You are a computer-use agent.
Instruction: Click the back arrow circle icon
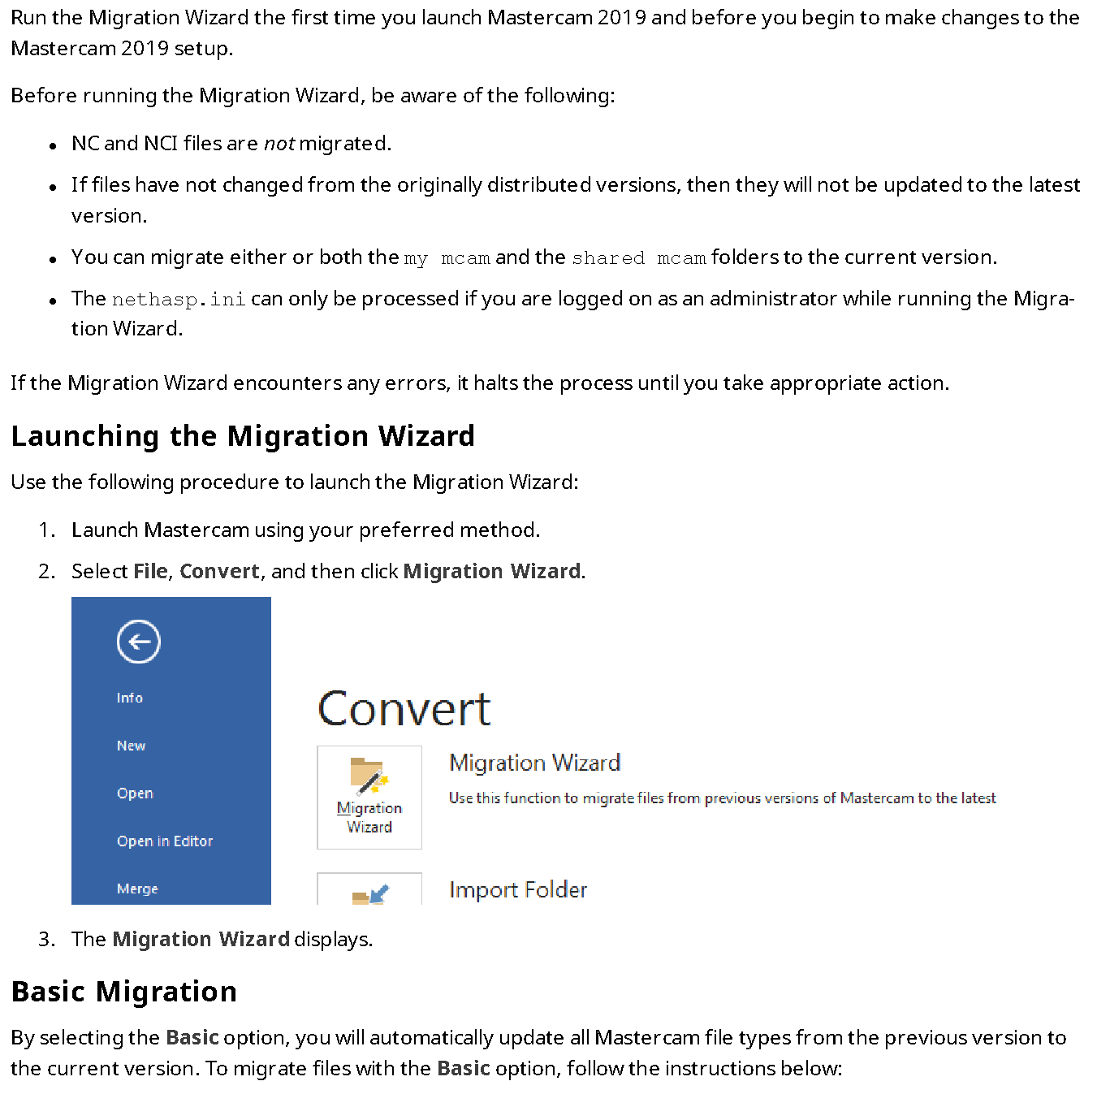point(139,642)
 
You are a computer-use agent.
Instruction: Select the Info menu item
point(130,698)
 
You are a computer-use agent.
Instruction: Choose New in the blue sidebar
point(131,746)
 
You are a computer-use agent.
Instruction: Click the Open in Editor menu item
point(165,841)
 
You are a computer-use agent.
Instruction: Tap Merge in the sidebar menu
point(137,889)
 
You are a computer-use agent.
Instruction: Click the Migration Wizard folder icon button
point(369,797)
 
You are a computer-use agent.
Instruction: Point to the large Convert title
point(404,709)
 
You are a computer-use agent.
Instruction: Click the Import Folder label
point(517,890)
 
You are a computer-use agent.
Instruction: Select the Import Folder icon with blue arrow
point(370,893)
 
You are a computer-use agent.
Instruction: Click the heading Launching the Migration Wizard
point(243,436)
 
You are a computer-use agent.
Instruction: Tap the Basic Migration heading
point(124,992)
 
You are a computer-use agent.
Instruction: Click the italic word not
point(279,144)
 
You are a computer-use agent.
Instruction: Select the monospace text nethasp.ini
point(179,300)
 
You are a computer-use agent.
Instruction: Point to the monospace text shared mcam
point(638,258)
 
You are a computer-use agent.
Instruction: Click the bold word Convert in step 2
point(219,572)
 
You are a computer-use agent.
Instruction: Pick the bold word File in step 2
point(150,572)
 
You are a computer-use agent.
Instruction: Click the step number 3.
point(45,940)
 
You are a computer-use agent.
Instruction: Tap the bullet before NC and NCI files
point(53,146)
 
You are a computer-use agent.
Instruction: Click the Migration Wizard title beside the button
point(534,763)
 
